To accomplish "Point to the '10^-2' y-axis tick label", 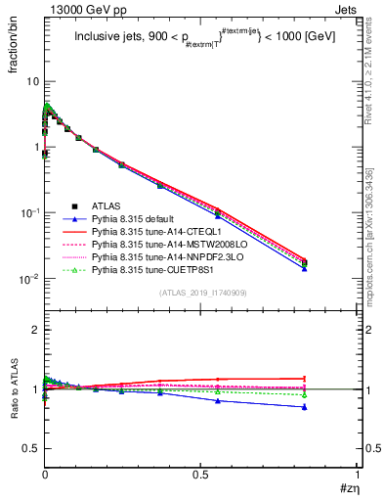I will [x=27, y=280].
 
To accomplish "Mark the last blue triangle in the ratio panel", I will [x=306, y=407].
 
